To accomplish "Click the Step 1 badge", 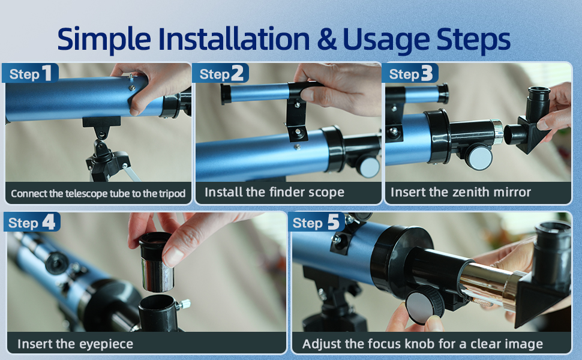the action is [30, 73].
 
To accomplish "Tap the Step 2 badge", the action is [220, 73].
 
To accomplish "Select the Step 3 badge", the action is [410, 73].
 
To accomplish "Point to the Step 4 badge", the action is [32, 223].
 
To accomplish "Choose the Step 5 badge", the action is [316, 223].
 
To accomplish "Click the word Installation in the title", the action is [234, 38].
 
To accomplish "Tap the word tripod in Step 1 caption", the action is [172, 194].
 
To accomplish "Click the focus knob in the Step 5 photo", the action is [425, 305].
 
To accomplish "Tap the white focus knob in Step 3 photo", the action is [479, 157].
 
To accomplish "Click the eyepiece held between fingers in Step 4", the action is [156, 261].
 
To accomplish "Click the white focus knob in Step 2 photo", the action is [369, 166].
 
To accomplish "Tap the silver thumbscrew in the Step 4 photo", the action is [184, 305].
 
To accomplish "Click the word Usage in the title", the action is [386, 40].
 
